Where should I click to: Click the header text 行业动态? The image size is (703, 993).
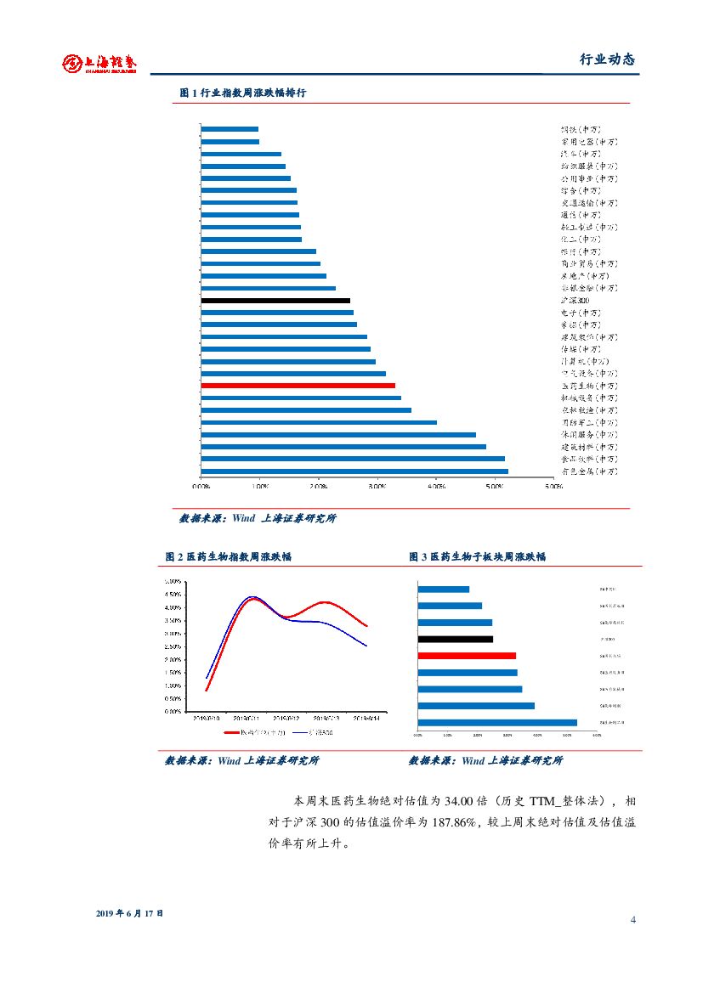click(607, 59)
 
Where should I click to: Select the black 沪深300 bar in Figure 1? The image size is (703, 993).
click(275, 301)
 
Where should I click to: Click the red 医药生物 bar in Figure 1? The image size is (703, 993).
click(298, 386)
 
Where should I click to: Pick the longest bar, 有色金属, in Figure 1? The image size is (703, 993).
click(354, 471)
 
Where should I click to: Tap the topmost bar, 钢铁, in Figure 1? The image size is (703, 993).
click(230, 129)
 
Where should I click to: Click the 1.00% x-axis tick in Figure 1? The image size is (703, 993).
click(260, 488)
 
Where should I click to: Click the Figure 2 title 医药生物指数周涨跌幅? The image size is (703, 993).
click(229, 556)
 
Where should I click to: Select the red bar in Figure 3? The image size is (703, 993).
click(467, 656)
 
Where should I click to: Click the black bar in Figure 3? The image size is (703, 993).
click(455, 639)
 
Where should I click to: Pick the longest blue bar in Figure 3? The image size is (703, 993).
click(497, 723)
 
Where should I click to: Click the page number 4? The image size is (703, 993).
click(633, 921)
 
